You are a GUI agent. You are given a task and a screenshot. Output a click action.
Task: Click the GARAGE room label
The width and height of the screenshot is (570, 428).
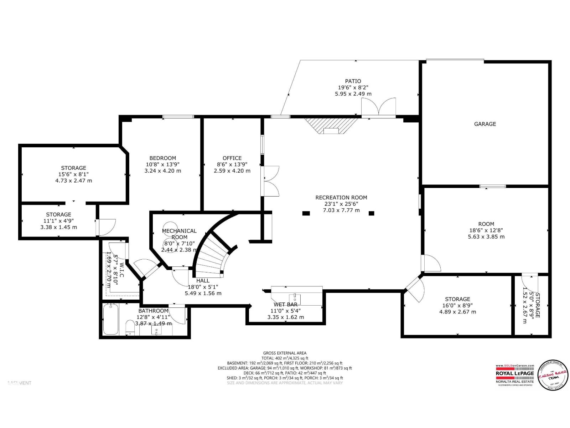click(485, 124)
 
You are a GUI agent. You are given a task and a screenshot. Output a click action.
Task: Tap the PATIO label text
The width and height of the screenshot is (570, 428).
click(353, 81)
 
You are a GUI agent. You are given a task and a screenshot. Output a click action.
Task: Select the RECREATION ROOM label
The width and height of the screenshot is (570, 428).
click(341, 198)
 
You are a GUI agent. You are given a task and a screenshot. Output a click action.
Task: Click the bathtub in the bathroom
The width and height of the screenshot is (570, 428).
click(111, 319)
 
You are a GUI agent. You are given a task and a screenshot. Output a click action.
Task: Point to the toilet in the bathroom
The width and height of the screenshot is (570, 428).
click(130, 327)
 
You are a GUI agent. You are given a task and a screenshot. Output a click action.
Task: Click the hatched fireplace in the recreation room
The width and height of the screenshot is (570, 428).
click(331, 126)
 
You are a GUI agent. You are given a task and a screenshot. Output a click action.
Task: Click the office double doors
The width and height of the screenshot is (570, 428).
click(271, 181)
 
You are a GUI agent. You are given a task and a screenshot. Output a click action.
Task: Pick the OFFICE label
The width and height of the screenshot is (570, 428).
click(232, 158)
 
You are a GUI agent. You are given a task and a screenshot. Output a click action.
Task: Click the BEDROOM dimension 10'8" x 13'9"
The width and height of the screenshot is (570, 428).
click(162, 164)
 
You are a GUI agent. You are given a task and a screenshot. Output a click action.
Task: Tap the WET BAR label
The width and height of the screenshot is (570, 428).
click(285, 305)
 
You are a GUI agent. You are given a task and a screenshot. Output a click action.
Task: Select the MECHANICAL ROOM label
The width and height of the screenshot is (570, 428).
click(179, 234)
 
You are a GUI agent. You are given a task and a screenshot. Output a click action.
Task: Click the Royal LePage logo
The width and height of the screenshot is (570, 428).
click(515, 375)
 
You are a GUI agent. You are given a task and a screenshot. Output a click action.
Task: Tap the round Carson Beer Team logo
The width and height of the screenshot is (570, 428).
click(553, 375)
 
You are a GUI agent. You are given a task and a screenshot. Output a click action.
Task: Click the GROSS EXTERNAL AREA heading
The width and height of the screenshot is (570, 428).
click(285, 353)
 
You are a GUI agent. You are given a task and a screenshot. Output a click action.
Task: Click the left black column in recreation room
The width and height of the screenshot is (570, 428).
click(306, 213)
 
